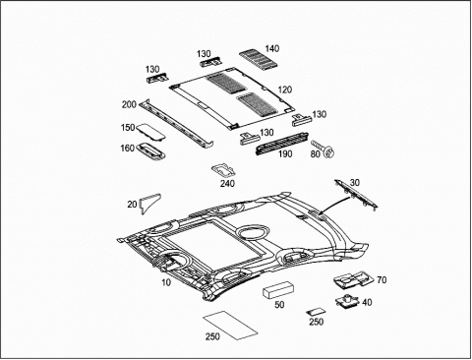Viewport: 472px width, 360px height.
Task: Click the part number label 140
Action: click(272, 48)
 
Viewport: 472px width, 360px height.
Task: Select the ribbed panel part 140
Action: click(259, 59)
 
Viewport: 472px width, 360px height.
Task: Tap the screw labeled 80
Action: click(324, 149)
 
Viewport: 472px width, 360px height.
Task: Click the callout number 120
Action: click(285, 90)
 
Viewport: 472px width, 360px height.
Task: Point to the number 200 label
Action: click(129, 104)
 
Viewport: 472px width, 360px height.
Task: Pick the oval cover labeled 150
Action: click(150, 131)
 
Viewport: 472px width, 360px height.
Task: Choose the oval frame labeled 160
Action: click(151, 151)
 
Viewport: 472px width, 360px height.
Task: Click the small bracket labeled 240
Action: click(223, 171)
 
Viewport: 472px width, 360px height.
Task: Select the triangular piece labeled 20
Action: click(149, 203)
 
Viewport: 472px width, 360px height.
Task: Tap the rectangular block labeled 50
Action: click(278, 289)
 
